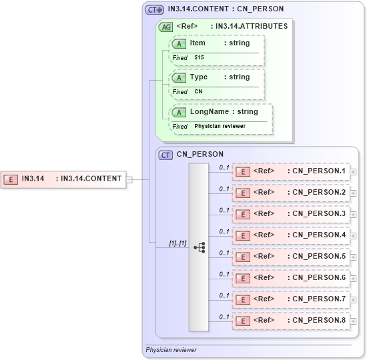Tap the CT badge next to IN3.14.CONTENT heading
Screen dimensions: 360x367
[155, 9]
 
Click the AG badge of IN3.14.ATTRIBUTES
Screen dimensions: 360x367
[165, 27]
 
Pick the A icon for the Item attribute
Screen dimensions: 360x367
[179, 43]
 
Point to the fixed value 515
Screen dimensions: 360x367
[199, 58]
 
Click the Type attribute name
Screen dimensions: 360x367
[199, 77]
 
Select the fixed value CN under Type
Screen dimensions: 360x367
[198, 92]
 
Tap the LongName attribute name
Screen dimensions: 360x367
[209, 112]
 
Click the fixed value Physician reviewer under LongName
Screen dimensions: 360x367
[220, 126]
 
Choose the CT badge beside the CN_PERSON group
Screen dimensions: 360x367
[166, 155]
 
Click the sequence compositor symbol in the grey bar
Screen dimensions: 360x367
[199, 247]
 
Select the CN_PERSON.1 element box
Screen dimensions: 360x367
[291, 171]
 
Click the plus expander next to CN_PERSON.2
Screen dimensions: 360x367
[353, 193]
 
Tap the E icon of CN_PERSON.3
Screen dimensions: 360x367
[244, 214]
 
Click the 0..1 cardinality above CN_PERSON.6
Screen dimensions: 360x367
[224, 274]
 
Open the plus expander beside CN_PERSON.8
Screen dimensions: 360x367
[353, 321]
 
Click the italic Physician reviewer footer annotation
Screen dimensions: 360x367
[171, 349]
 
